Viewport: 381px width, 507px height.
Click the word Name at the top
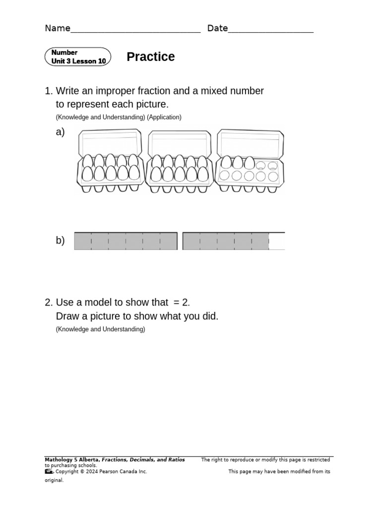[x=58, y=28]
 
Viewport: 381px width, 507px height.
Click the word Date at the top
[x=217, y=28]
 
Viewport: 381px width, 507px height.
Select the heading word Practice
[x=150, y=57]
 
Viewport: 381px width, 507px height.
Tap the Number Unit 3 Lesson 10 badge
[x=78, y=57]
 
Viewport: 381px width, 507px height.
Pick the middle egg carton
[x=180, y=161]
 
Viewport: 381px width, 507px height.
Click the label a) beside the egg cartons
[x=60, y=132]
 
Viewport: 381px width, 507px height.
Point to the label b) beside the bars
[x=60, y=241]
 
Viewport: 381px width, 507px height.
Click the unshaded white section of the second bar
[x=277, y=241]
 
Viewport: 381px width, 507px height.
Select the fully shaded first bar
[x=126, y=241]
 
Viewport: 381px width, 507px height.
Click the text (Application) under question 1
[x=164, y=117]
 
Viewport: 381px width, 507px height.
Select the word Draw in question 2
[x=67, y=316]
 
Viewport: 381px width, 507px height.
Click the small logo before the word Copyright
[x=49, y=472]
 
